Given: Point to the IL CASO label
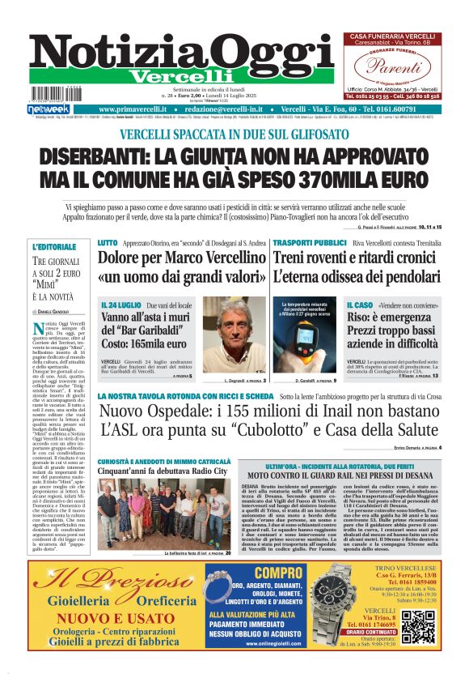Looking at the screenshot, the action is tap(360, 305).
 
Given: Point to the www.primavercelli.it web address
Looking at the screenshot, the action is tap(137, 109).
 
